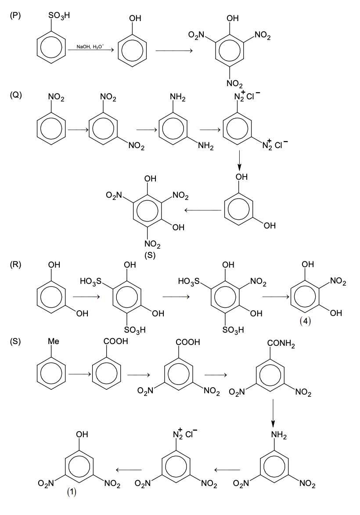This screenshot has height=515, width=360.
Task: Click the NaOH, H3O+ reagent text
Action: point(90,46)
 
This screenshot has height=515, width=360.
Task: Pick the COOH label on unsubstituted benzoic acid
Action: point(116,341)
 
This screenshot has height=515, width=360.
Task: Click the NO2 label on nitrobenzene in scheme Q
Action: point(57,98)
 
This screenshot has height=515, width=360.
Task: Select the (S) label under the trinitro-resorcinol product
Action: point(151,257)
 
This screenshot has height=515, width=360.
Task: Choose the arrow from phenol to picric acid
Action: point(174,51)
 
